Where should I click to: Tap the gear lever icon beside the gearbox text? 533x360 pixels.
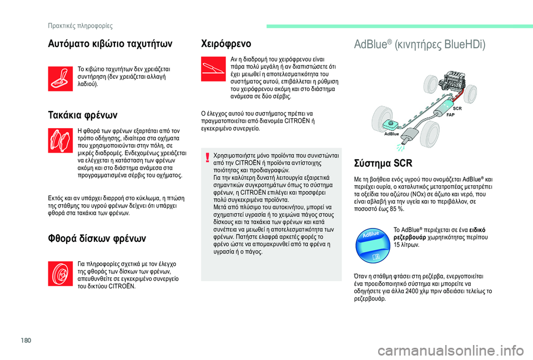[59, 77]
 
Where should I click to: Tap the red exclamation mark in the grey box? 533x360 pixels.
[207, 157]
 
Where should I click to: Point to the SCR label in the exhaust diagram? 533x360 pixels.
[457, 108]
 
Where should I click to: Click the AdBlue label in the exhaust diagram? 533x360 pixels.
[391, 134]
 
